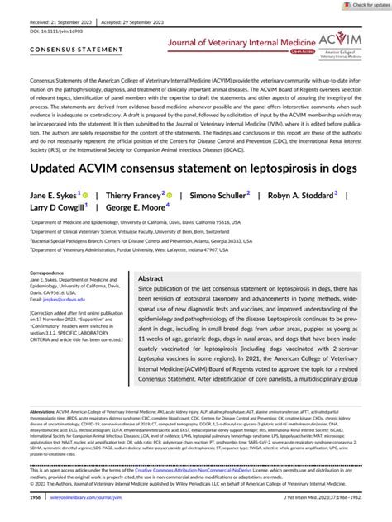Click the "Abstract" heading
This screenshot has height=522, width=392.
coord(152,279)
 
